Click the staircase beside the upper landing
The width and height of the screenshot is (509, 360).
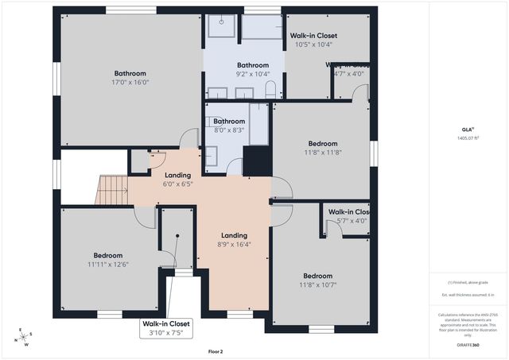pos(111,191)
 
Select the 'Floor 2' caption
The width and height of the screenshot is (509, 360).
pos(216,350)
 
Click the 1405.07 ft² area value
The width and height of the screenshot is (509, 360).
pos(468,137)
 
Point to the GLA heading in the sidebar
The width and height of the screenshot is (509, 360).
pos(468,128)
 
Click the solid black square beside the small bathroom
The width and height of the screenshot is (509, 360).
pos(257,161)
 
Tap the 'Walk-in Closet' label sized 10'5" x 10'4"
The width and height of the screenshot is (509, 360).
pos(313,36)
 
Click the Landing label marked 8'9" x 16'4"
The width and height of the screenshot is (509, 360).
pos(235,235)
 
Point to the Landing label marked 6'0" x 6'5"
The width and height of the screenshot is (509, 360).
pos(177,176)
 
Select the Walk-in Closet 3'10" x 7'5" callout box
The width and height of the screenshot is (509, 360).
pos(166,328)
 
